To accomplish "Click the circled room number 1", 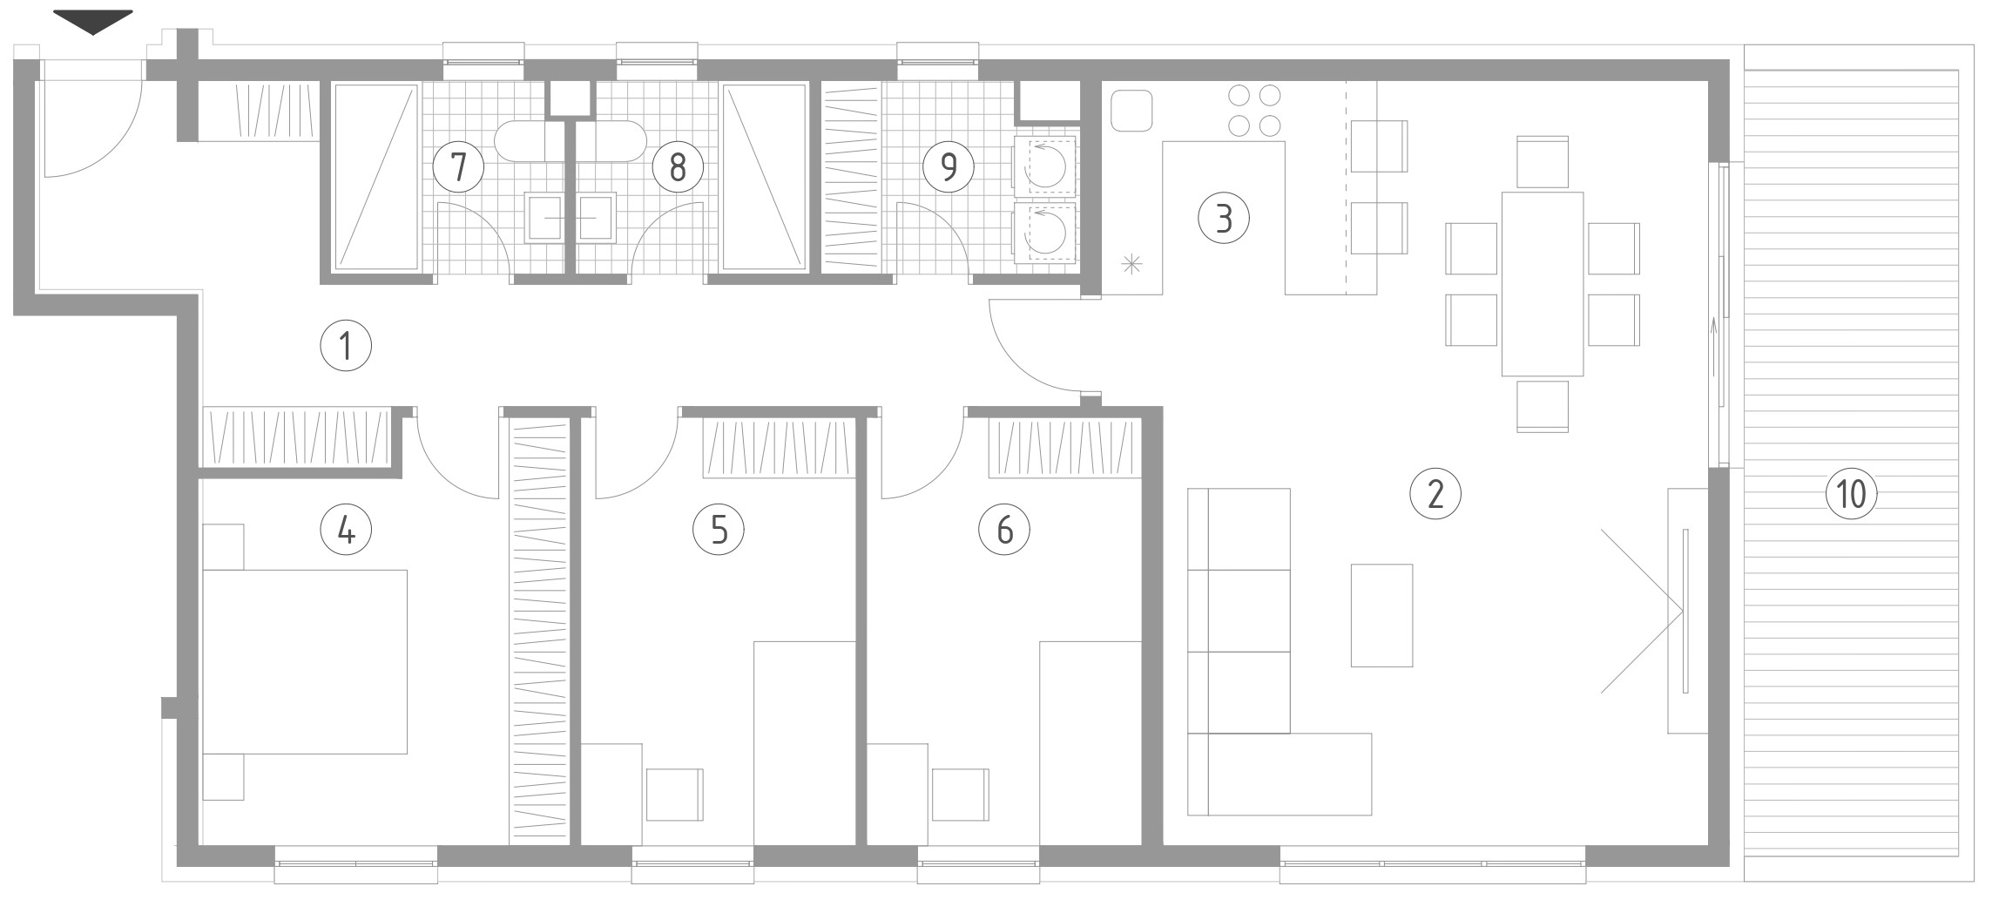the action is [346, 347].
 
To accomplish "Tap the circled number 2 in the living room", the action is [1435, 494].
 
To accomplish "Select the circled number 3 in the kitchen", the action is [1223, 218].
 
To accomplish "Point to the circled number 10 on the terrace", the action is [1851, 494].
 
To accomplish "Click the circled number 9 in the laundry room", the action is [949, 166].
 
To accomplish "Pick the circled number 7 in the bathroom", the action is [459, 166].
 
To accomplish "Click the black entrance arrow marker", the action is [93, 22].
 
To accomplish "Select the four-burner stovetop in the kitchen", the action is [1254, 111].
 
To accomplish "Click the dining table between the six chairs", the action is [1543, 284].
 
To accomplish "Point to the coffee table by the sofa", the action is [1381, 615].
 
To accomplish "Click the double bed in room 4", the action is [305, 661].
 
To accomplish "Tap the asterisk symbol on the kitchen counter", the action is [1131, 264].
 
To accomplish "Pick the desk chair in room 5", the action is [675, 795].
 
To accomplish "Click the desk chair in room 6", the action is [961, 795].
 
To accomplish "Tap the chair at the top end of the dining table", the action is [1543, 161].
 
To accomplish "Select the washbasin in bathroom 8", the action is [597, 216].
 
